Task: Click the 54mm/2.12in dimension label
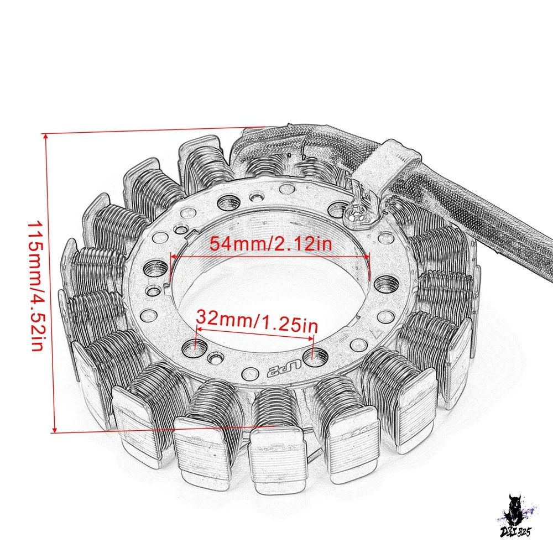[271, 243]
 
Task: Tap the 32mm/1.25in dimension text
[257, 321]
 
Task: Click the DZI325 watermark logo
[516, 517]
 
